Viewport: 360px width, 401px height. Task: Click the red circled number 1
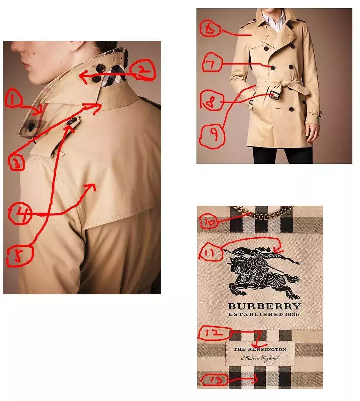click(13, 100)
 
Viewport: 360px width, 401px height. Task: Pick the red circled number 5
click(19, 255)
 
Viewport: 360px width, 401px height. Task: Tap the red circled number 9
click(212, 135)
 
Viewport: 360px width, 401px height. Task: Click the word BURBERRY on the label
click(264, 306)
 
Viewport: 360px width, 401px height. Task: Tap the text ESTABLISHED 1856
click(264, 314)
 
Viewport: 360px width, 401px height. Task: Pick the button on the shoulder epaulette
click(72, 121)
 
